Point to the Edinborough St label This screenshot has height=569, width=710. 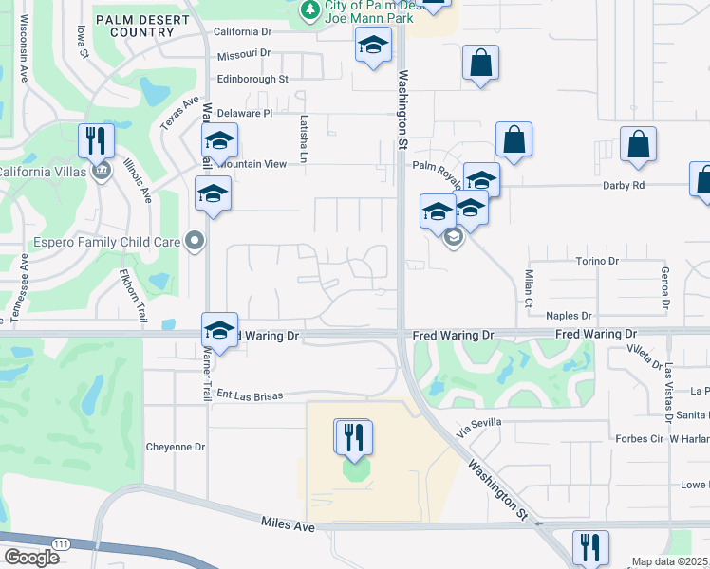[x=252, y=80]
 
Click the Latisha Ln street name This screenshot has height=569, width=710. [x=305, y=139]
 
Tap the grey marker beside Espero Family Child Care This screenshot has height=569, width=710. [x=196, y=241]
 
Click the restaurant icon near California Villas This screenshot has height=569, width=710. [x=96, y=141]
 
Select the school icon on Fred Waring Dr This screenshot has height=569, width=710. [x=219, y=331]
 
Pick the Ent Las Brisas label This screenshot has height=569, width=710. [x=250, y=395]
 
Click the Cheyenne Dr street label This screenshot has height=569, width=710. [x=175, y=447]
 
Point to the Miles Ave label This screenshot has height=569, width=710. [x=288, y=524]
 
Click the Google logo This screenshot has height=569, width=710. [x=31, y=558]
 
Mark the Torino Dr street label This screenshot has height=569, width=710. [x=597, y=261]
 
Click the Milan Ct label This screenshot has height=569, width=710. [x=529, y=287]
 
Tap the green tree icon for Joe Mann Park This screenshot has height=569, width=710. [x=308, y=9]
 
